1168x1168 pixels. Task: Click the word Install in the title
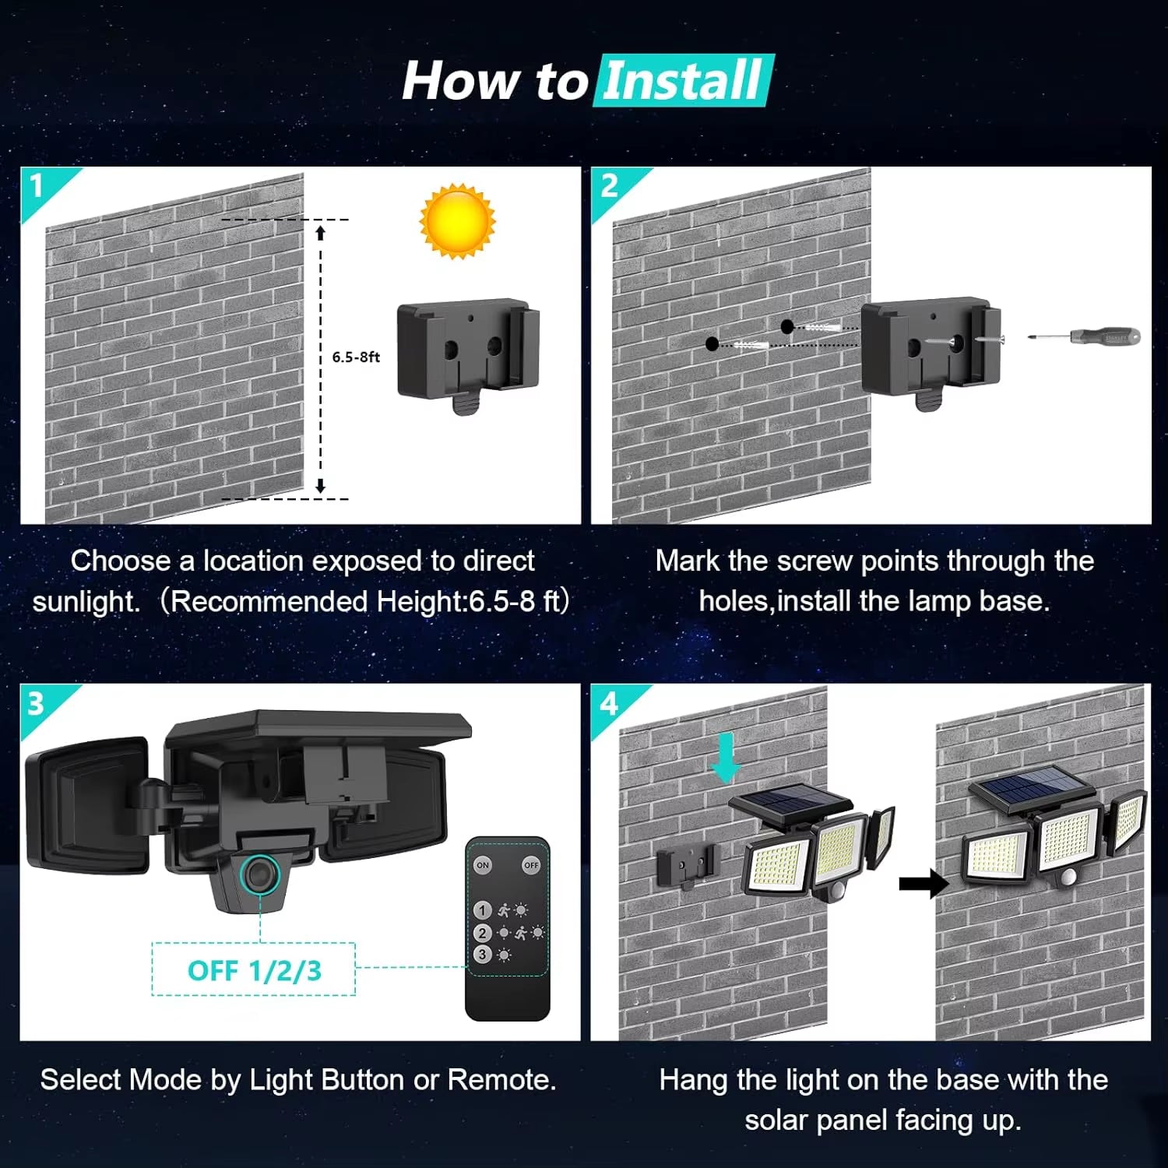click(x=682, y=80)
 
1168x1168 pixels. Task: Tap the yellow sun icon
click(x=457, y=220)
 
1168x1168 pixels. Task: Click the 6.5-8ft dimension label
click(x=356, y=357)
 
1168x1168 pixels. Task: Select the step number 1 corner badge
click(x=37, y=186)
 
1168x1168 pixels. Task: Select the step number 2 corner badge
click(x=609, y=186)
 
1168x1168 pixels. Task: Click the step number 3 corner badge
click(x=37, y=704)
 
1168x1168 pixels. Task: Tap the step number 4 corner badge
click(x=608, y=704)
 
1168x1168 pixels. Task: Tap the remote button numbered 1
click(x=482, y=910)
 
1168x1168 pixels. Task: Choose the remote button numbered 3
click(x=482, y=954)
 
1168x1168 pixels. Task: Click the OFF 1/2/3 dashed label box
click(x=254, y=970)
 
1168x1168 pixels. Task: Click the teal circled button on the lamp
click(x=259, y=874)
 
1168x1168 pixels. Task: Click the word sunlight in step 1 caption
click(x=86, y=602)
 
